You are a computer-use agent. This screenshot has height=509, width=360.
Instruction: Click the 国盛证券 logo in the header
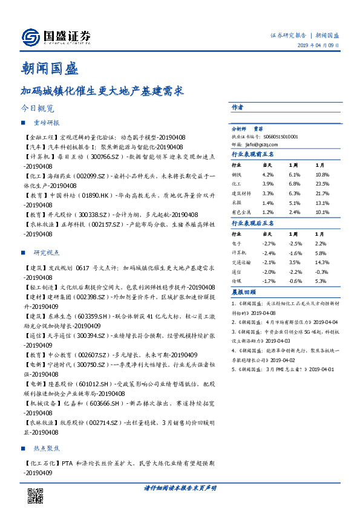56,37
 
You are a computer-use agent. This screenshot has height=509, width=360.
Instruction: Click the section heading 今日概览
38,109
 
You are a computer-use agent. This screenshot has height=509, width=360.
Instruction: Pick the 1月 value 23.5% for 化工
322,183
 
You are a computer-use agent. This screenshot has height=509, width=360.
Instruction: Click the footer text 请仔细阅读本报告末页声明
180,487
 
